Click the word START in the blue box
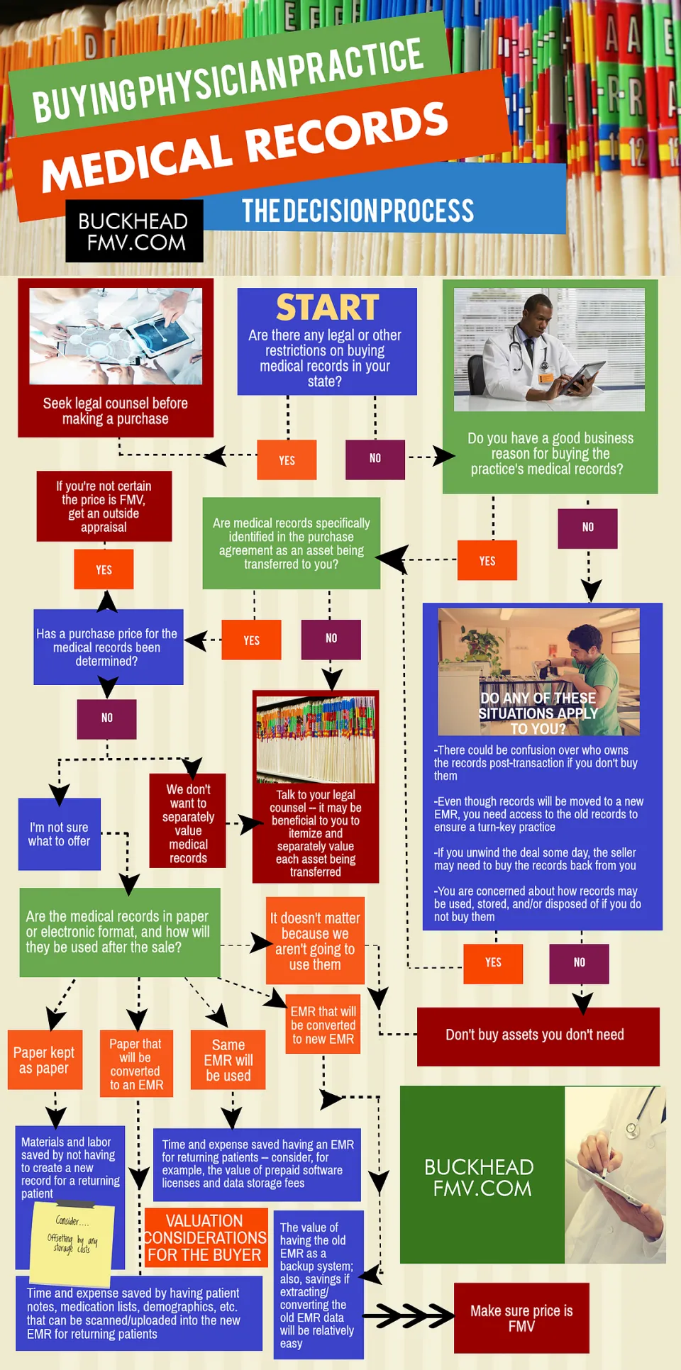tap(327, 308)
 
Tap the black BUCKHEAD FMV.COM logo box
tap(134, 231)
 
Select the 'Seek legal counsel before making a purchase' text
tap(115, 411)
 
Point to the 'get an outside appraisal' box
tap(104, 506)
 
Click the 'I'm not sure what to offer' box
tap(60, 834)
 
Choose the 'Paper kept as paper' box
tap(45, 1059)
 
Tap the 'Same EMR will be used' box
tap(228, 1059)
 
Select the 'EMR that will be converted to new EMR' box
tap(323, 1025)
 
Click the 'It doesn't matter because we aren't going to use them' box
tap(315, 941)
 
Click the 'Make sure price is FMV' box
tap(521, 1318)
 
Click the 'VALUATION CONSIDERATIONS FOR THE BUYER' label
tap(206, 1238)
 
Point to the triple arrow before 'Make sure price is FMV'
tap(408, 1317)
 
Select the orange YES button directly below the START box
tap(287, 460)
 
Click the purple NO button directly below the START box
tap(375, 459)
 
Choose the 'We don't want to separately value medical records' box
tap(188, 821)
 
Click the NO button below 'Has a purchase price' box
tap(106, 718)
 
